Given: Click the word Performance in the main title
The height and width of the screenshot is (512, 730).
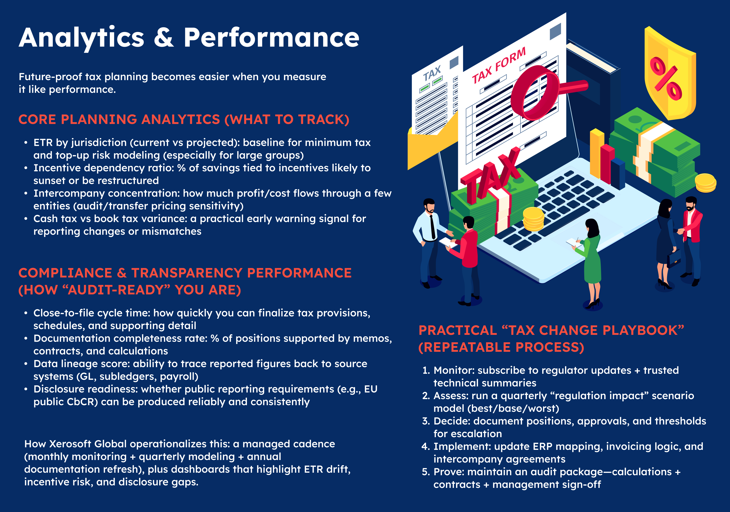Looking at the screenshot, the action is [271, 38].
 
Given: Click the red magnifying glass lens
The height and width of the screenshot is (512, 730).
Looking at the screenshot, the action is [534, 92].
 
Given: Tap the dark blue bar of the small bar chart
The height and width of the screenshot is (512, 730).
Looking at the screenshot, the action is [618, 173].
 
